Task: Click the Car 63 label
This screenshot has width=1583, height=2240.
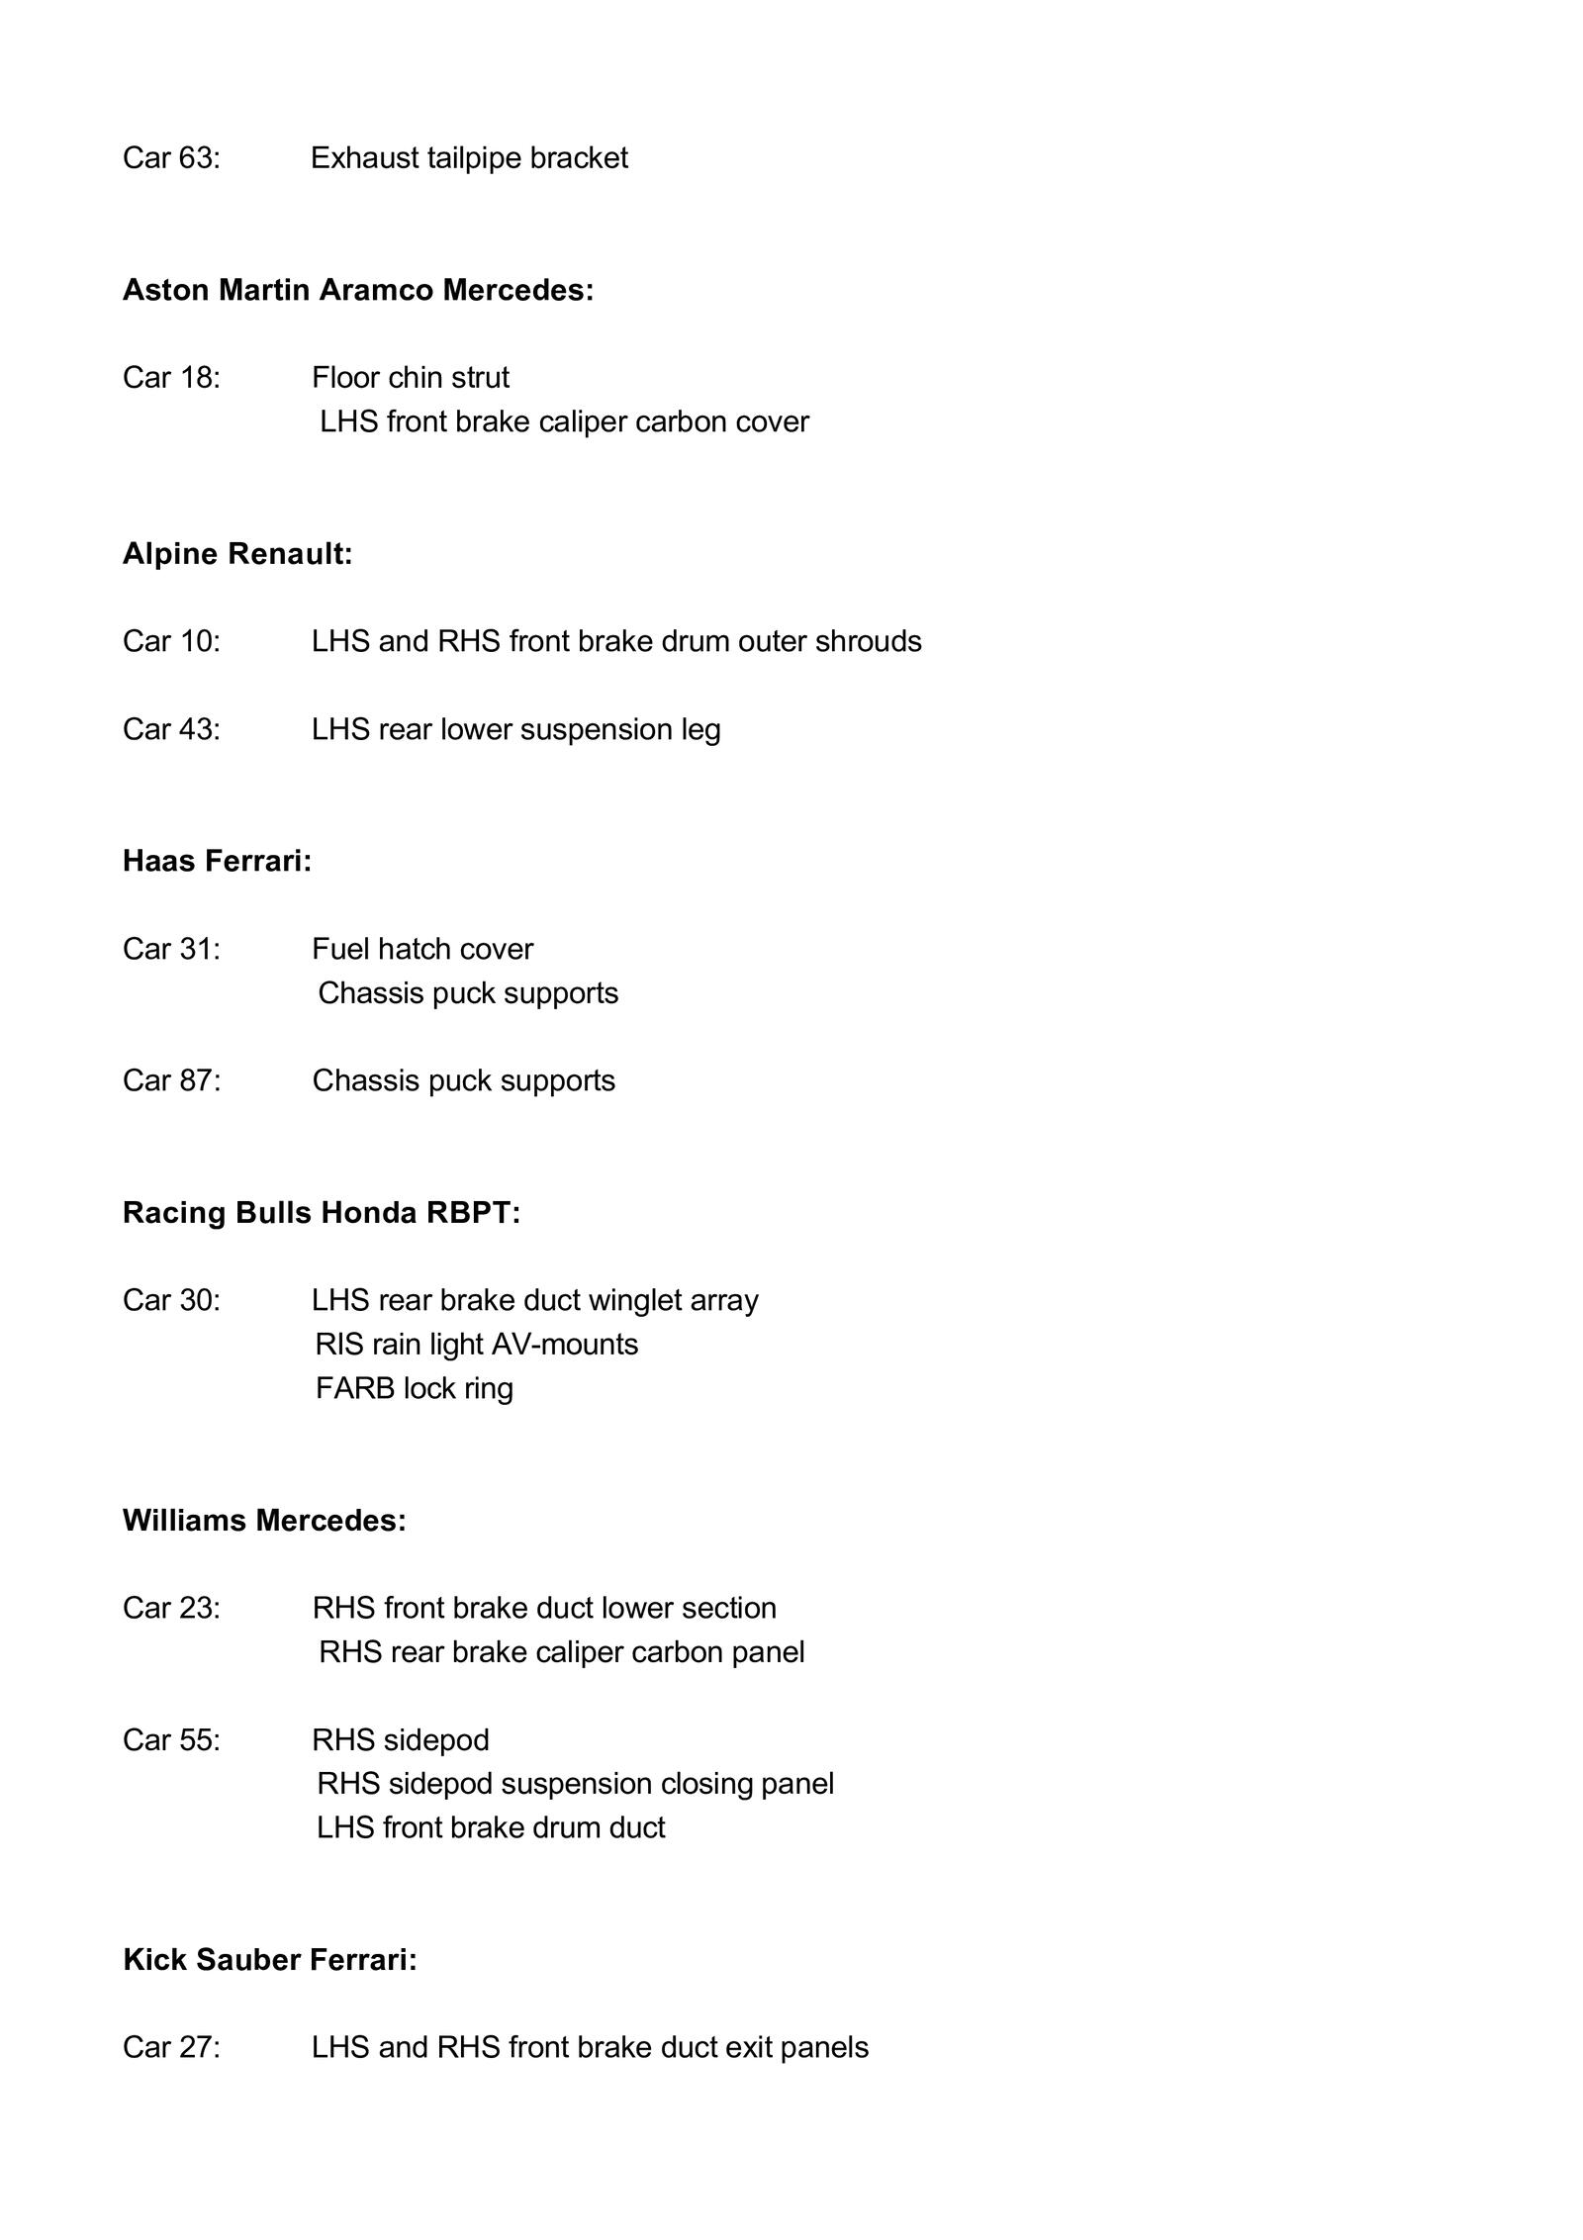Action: [171, 158]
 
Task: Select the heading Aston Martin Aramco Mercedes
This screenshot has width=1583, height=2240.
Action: [357, 290]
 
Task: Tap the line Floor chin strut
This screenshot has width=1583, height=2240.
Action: [410, 377]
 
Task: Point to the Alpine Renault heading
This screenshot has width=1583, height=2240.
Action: [237, 554]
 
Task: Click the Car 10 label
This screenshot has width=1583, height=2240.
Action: [171, 641]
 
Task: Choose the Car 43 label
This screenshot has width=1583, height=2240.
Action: [171, 729]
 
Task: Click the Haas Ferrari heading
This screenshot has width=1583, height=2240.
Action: [217, 861]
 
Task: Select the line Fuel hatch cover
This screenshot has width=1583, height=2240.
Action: [421, 949]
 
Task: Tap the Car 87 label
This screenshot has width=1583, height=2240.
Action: [171, 1080]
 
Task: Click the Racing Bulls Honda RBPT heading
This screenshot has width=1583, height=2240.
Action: [321, 1212]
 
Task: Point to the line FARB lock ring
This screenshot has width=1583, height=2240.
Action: [414, 1388]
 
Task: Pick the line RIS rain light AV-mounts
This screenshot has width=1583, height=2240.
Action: [476, 1344]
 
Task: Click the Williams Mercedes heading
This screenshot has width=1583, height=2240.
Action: [264, 1520]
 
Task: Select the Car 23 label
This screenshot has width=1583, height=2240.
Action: [171, 1608]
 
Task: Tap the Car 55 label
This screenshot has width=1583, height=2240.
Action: [171, 1739]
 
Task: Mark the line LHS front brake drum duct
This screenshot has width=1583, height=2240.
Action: [490, 1826]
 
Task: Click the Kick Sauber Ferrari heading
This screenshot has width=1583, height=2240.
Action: [269, 1959]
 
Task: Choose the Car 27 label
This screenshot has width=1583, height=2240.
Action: [171, 2047]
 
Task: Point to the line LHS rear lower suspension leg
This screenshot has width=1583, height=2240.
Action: [515, 729]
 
